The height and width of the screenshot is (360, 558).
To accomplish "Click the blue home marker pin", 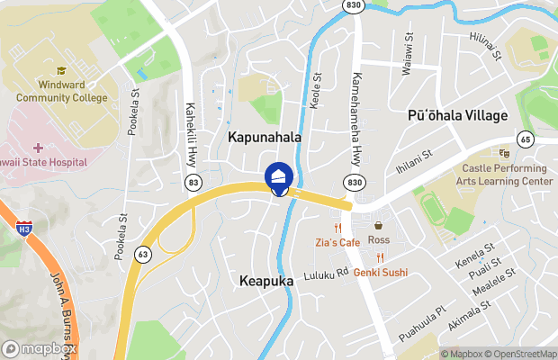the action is [x=279, y=176].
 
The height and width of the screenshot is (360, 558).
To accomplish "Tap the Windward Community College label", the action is [x=60, y=91].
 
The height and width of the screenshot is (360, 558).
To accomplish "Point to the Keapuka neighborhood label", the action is [x=267, y=282].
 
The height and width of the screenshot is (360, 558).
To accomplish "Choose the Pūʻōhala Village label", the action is [x=457, y=116].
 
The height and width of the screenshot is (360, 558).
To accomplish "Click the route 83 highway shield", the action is [x=193, y=183].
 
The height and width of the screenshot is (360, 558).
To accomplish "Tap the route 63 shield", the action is [x=143, y=255].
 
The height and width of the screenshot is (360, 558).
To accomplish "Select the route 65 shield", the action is [x=524, y=139].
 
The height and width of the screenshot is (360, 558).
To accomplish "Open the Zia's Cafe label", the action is [x=337, y=242].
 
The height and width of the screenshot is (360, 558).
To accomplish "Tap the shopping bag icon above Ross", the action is [x=379, y=226].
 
